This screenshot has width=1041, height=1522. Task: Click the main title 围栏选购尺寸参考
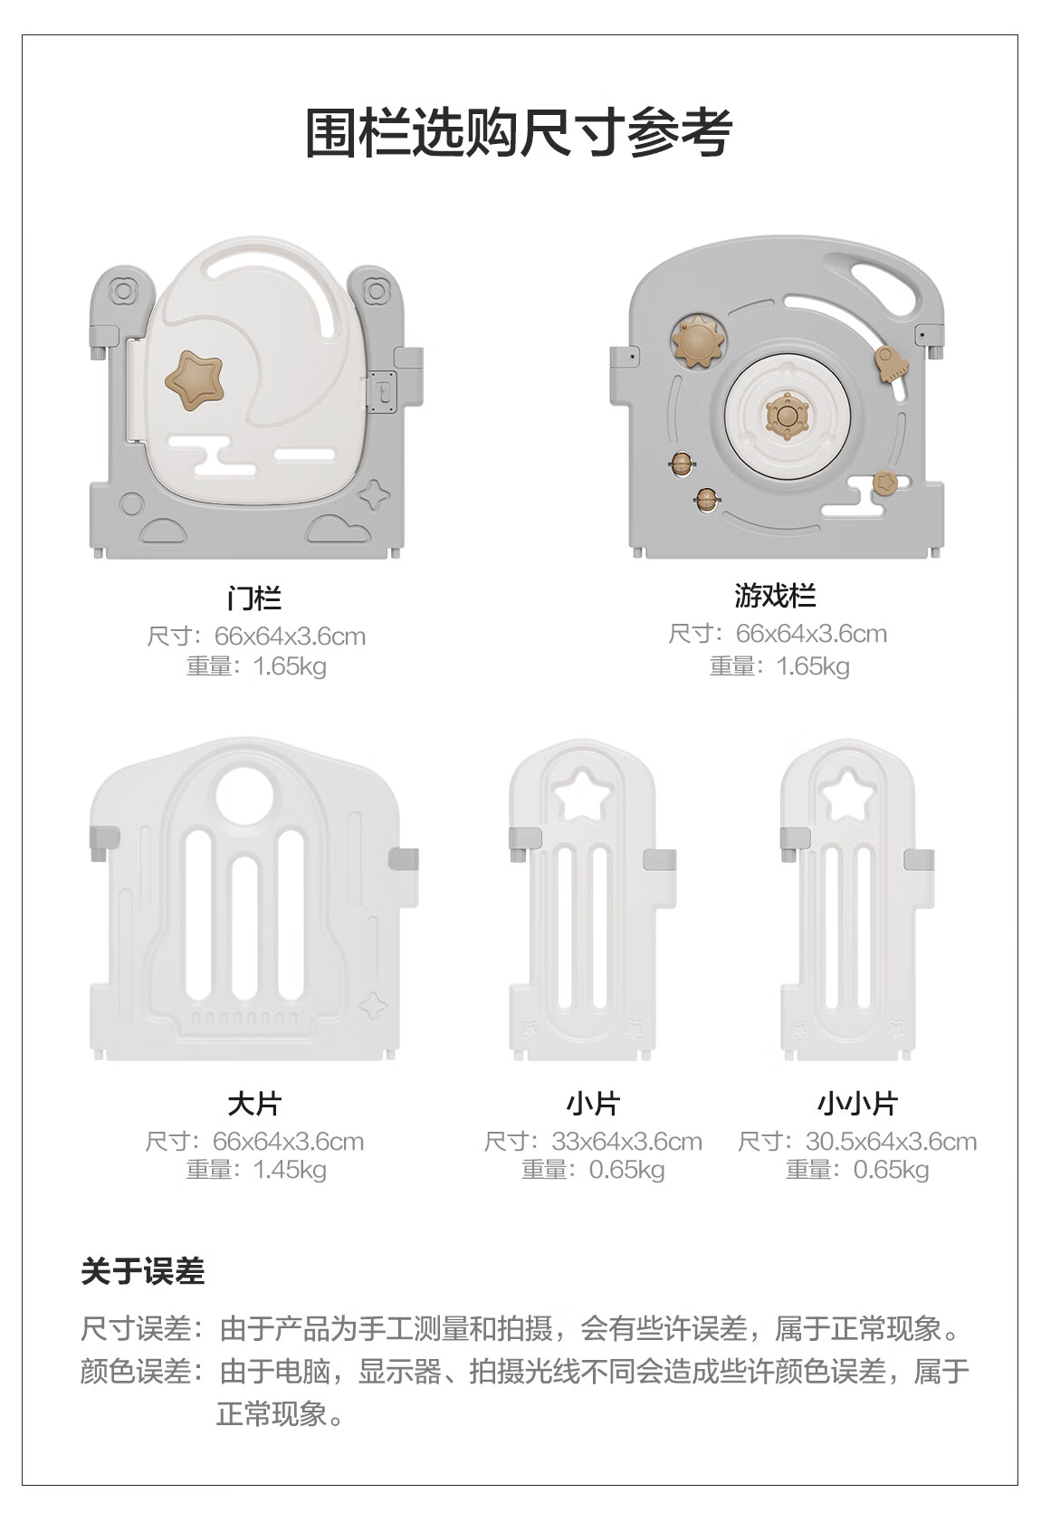click(518, 133)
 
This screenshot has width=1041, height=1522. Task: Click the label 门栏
click(254, 598)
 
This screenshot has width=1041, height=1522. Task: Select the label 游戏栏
click(775, 596)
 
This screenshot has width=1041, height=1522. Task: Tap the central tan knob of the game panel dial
click(787, 417)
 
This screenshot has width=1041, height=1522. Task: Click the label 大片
click(254, 1104)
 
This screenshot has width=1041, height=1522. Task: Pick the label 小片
click(593, 1104)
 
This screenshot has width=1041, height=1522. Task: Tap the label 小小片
click(857, 1104)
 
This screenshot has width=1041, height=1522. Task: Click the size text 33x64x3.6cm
click(626, 1142)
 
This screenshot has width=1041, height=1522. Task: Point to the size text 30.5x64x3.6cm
click(891, 1142)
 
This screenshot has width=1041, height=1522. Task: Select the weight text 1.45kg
click(290, 1170)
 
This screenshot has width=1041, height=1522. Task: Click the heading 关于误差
click(143, 1271)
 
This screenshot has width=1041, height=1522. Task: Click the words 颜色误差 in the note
click(136, 1372)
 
